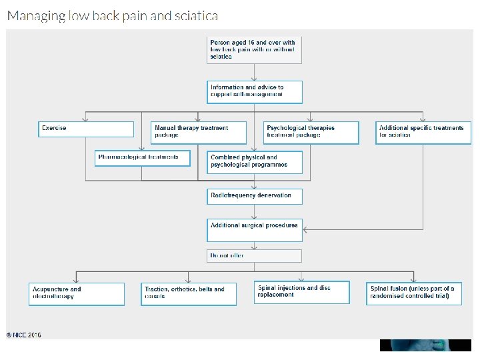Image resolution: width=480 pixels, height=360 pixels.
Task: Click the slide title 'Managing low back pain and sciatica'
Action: pyautogui.click(x=112, y=15)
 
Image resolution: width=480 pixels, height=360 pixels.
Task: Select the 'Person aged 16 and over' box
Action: pyautogui.click(x=254, y=50)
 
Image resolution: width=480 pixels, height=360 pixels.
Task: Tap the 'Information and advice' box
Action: pyautogui.click(x=254, y=92)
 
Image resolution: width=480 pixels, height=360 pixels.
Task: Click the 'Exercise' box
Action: pyautogui.click(x=86, y=129)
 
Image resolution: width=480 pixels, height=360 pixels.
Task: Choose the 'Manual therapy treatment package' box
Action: pyautogui.click(x=199, y=132)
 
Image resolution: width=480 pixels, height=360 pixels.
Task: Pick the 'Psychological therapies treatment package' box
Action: pyautogui.click(x=311, y=132)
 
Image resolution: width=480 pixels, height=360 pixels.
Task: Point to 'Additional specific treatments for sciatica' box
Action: pyautogui.click(x=423, y=132)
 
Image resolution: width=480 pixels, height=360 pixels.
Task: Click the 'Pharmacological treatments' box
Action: pyautogui.click(x=143, y=158)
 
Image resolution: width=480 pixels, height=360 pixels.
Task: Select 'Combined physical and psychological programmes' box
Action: pyautogui.click(x=254, y=162)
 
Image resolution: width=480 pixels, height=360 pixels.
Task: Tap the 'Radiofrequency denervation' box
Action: pyautogui.click(x=254, y=196)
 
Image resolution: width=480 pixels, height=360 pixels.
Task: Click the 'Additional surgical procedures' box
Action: pyautogui.click(x=254, y=229)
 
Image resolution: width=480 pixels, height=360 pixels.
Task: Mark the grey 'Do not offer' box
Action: pyautogui.click(x=254, y=255)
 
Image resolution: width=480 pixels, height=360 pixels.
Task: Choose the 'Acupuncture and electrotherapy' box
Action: pyautogui.click(x=77, y=294)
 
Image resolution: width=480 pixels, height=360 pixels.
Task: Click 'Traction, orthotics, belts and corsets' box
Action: pyautogui.click(x=189, y=294)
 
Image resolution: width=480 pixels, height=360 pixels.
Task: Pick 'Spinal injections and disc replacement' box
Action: pyautogui.click(x=301, y=292)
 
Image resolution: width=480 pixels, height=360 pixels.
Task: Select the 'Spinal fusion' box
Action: pyautogui.click(x=414, y=294)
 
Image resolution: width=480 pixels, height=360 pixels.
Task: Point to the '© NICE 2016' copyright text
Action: pyautogui.click(x=24, y=335)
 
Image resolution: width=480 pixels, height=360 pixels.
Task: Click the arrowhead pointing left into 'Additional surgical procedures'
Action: pyautogui.click(x=306, y=230)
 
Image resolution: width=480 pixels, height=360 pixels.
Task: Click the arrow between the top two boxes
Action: pyautogui.click(x=254, y=72)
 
